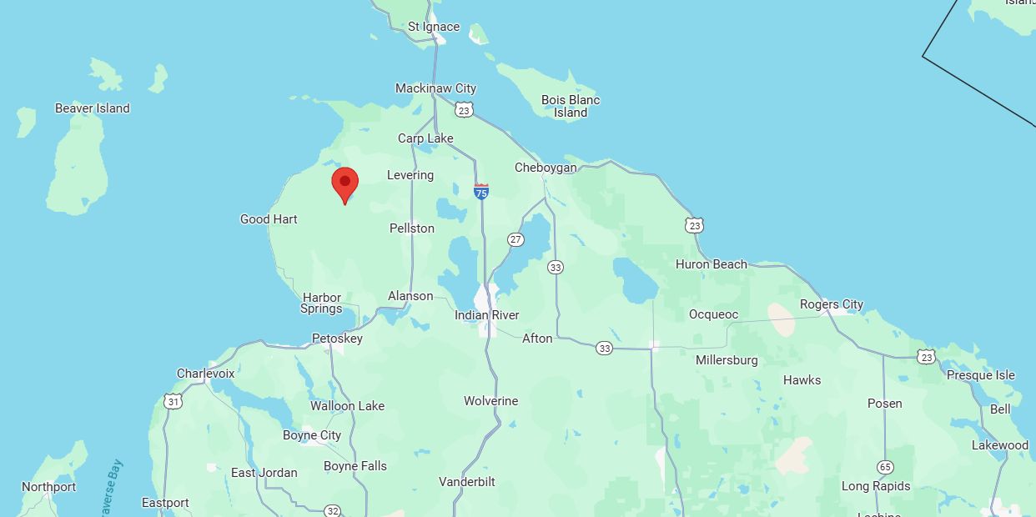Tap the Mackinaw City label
(435, 88)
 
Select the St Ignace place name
(433, 27)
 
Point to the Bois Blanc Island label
(571, 106)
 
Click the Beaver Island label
(93, 108)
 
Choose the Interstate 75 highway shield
(481, 192)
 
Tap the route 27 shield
(516, 240)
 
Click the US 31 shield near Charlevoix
(173, 402)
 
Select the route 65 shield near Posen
(885, 467)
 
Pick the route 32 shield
(333, 510)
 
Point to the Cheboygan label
(546, 168)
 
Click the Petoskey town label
(337, 339)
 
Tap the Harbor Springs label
(322, 303)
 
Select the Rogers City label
(832, 304)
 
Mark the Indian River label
(487, 315)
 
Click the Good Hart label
(269, 219)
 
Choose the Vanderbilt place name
(467, 482)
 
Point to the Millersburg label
(727, 360)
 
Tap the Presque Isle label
(980, 375)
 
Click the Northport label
(48, 487)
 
